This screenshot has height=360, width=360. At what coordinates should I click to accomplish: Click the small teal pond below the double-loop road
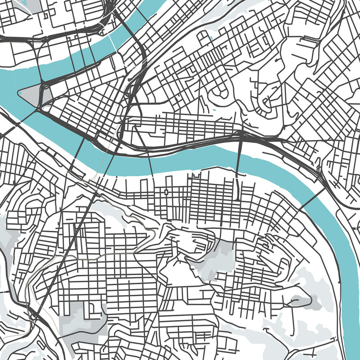213,110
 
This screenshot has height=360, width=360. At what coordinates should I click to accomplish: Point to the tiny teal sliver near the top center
211,39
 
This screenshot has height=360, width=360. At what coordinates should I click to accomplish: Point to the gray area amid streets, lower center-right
214,260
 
